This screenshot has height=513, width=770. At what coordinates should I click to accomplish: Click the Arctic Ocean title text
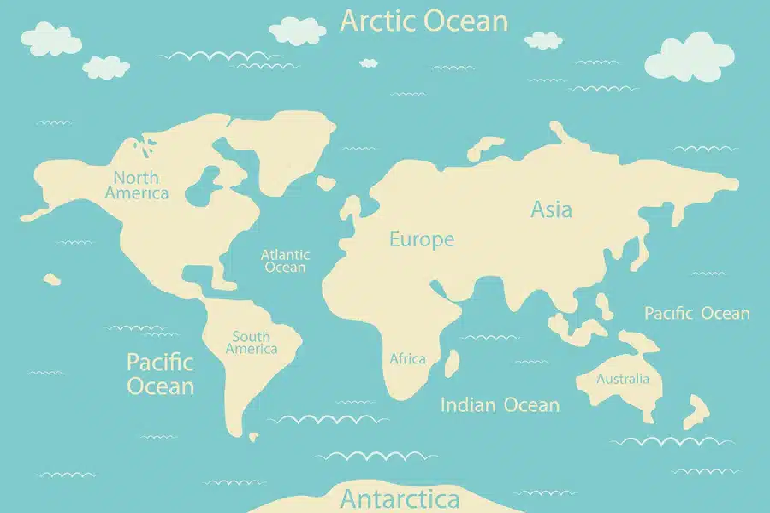423,21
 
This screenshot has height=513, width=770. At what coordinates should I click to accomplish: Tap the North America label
137,186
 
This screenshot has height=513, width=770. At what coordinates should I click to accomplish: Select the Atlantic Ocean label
285,261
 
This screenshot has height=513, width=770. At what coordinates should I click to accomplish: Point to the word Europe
422,239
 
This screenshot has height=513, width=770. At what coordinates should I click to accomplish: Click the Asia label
551,209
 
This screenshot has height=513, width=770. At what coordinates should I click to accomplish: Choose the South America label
252,343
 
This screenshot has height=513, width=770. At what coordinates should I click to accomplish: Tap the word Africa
407,359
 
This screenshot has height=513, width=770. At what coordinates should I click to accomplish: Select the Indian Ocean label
500,405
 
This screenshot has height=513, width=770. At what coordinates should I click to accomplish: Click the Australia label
623,379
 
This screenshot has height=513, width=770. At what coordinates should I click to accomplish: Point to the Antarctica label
400,498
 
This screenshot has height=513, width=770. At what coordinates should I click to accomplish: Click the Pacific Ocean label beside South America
160,374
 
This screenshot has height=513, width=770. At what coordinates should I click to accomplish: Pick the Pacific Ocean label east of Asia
696,314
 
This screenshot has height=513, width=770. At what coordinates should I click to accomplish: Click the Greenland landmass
274,150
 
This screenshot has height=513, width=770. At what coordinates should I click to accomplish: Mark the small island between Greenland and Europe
325,182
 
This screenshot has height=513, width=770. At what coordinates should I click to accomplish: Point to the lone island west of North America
51,278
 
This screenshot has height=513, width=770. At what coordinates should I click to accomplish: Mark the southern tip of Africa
399,397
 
